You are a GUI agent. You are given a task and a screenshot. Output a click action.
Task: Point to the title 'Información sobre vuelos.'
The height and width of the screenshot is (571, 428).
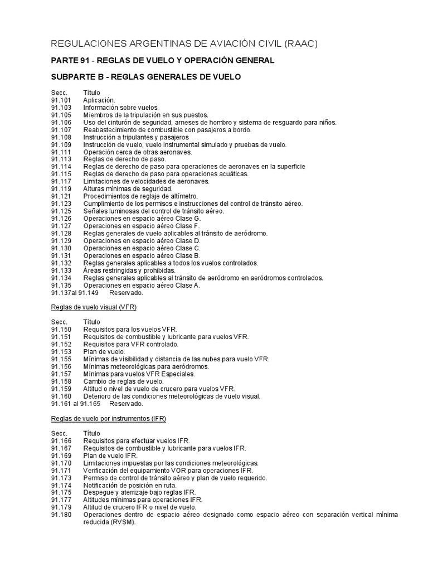(121, 107)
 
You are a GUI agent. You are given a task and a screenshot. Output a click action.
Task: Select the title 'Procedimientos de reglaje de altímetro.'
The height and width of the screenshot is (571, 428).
(140, 196)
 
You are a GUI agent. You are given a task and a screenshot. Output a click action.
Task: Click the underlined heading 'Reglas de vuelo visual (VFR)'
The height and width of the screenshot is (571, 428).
(94, 307)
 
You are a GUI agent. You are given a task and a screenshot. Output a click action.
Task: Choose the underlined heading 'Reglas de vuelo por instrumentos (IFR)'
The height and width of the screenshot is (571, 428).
(109, 418)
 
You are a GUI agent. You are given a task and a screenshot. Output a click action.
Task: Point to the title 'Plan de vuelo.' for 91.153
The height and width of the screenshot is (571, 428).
(104, 351)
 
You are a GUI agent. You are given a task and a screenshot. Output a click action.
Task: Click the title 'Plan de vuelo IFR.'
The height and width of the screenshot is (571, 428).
(110, 455)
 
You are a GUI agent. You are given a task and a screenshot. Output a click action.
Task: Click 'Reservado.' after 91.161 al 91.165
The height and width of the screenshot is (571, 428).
(126, 403)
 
